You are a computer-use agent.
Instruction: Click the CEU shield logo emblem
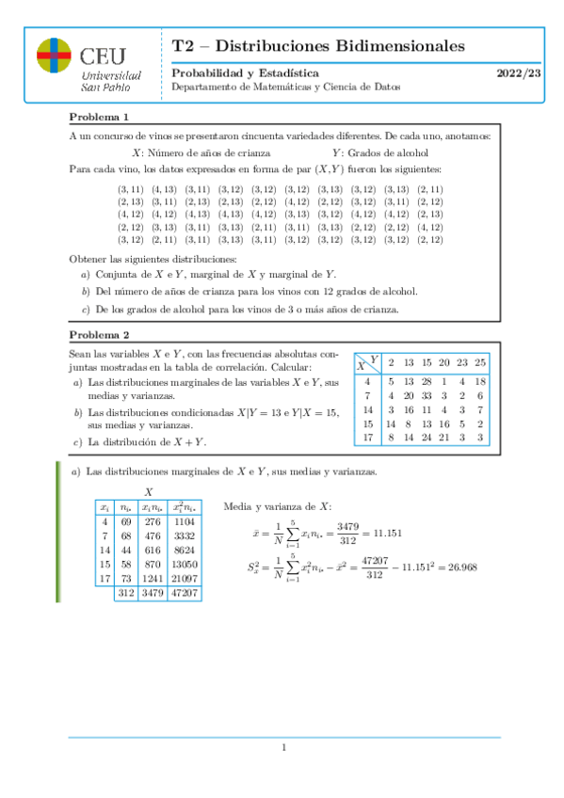[53, 56]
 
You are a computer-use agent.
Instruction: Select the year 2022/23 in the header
[519, 73]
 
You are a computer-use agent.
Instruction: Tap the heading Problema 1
[99, 118]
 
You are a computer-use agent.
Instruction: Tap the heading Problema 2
[99, 334]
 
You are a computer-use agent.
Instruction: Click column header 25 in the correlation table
[480, 362]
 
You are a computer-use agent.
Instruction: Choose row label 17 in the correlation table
[368, 437]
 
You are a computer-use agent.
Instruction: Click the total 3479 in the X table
[152, 594]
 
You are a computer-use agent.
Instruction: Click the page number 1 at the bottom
[282, 748]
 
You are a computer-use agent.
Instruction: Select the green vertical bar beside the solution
[58, 546]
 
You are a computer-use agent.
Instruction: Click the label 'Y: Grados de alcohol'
[380, 152]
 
